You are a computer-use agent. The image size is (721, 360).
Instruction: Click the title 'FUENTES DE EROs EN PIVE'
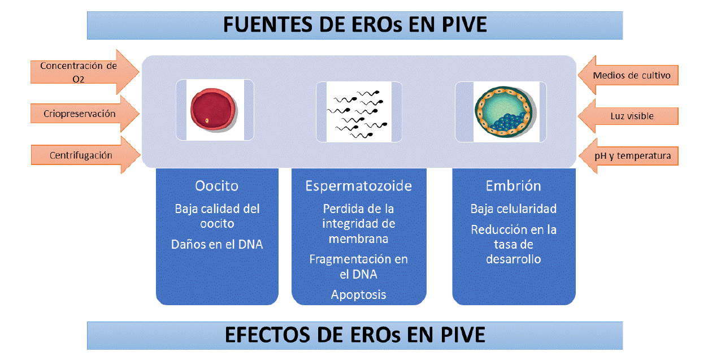click(x=355, y=25)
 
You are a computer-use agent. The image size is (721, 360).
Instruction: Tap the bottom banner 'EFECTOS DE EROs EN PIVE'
click(x=355, y=335)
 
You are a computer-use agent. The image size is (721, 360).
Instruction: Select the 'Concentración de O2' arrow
click(x=79, y=72)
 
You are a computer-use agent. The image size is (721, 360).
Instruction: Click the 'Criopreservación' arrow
click(x=80, y=114)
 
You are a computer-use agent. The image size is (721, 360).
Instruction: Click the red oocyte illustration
click(x=211, y=109)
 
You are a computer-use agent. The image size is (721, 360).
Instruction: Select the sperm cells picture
click(x=358, y=112)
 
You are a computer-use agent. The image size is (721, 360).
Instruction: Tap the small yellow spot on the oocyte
click(x=207, y=121)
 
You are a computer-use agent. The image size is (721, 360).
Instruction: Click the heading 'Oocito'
click(x=216, y=186)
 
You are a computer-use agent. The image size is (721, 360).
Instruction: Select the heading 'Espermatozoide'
click(x=358, y=186)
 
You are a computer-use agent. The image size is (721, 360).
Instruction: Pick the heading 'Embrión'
click(x=513, y=186)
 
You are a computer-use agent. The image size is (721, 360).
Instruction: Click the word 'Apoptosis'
click(x=358, y=294)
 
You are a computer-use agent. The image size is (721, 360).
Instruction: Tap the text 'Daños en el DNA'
click(x=217, y=245)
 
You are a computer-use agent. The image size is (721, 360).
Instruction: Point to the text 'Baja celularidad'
click(x=513, y=209)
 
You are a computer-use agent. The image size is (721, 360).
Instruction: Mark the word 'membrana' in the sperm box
click(x=358, y=238)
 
